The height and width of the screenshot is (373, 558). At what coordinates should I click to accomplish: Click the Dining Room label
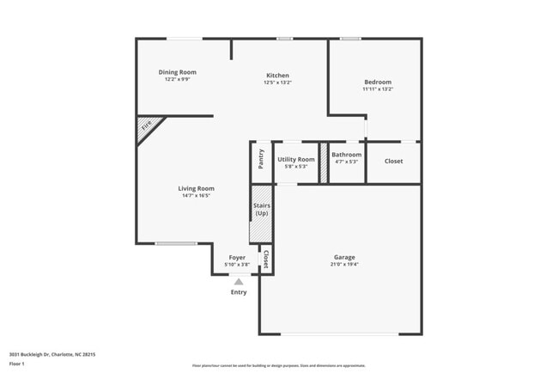point(178,72)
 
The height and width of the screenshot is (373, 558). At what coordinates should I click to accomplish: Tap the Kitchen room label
point(277,76)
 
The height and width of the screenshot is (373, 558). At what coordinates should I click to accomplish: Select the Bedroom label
point(378,82)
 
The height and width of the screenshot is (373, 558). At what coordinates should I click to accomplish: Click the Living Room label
point(196,188)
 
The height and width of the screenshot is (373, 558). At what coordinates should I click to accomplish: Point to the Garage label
point(344,257)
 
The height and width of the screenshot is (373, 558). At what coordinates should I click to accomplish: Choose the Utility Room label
point(296,159)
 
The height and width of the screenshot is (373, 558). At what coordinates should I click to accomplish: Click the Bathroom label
point(346,155)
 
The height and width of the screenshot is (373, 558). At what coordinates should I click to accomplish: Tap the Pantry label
point(261,159)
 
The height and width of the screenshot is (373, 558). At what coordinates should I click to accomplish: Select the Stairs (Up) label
point(262,209)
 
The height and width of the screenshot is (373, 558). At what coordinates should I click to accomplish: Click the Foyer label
point(237,257)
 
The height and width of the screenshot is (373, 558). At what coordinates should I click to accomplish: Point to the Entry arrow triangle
point(239,280)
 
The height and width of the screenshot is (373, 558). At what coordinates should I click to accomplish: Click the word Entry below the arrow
point(239,292)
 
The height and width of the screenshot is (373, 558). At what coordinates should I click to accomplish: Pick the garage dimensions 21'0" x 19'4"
point(344,264)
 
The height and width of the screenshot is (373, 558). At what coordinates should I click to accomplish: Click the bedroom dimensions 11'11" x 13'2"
point(378,89)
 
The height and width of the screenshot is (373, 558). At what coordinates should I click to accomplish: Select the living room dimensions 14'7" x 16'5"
point(196,195)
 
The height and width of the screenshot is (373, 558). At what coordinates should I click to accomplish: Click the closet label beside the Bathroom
point(393,161)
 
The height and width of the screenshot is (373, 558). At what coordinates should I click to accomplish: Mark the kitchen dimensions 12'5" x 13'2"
point(277,83)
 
